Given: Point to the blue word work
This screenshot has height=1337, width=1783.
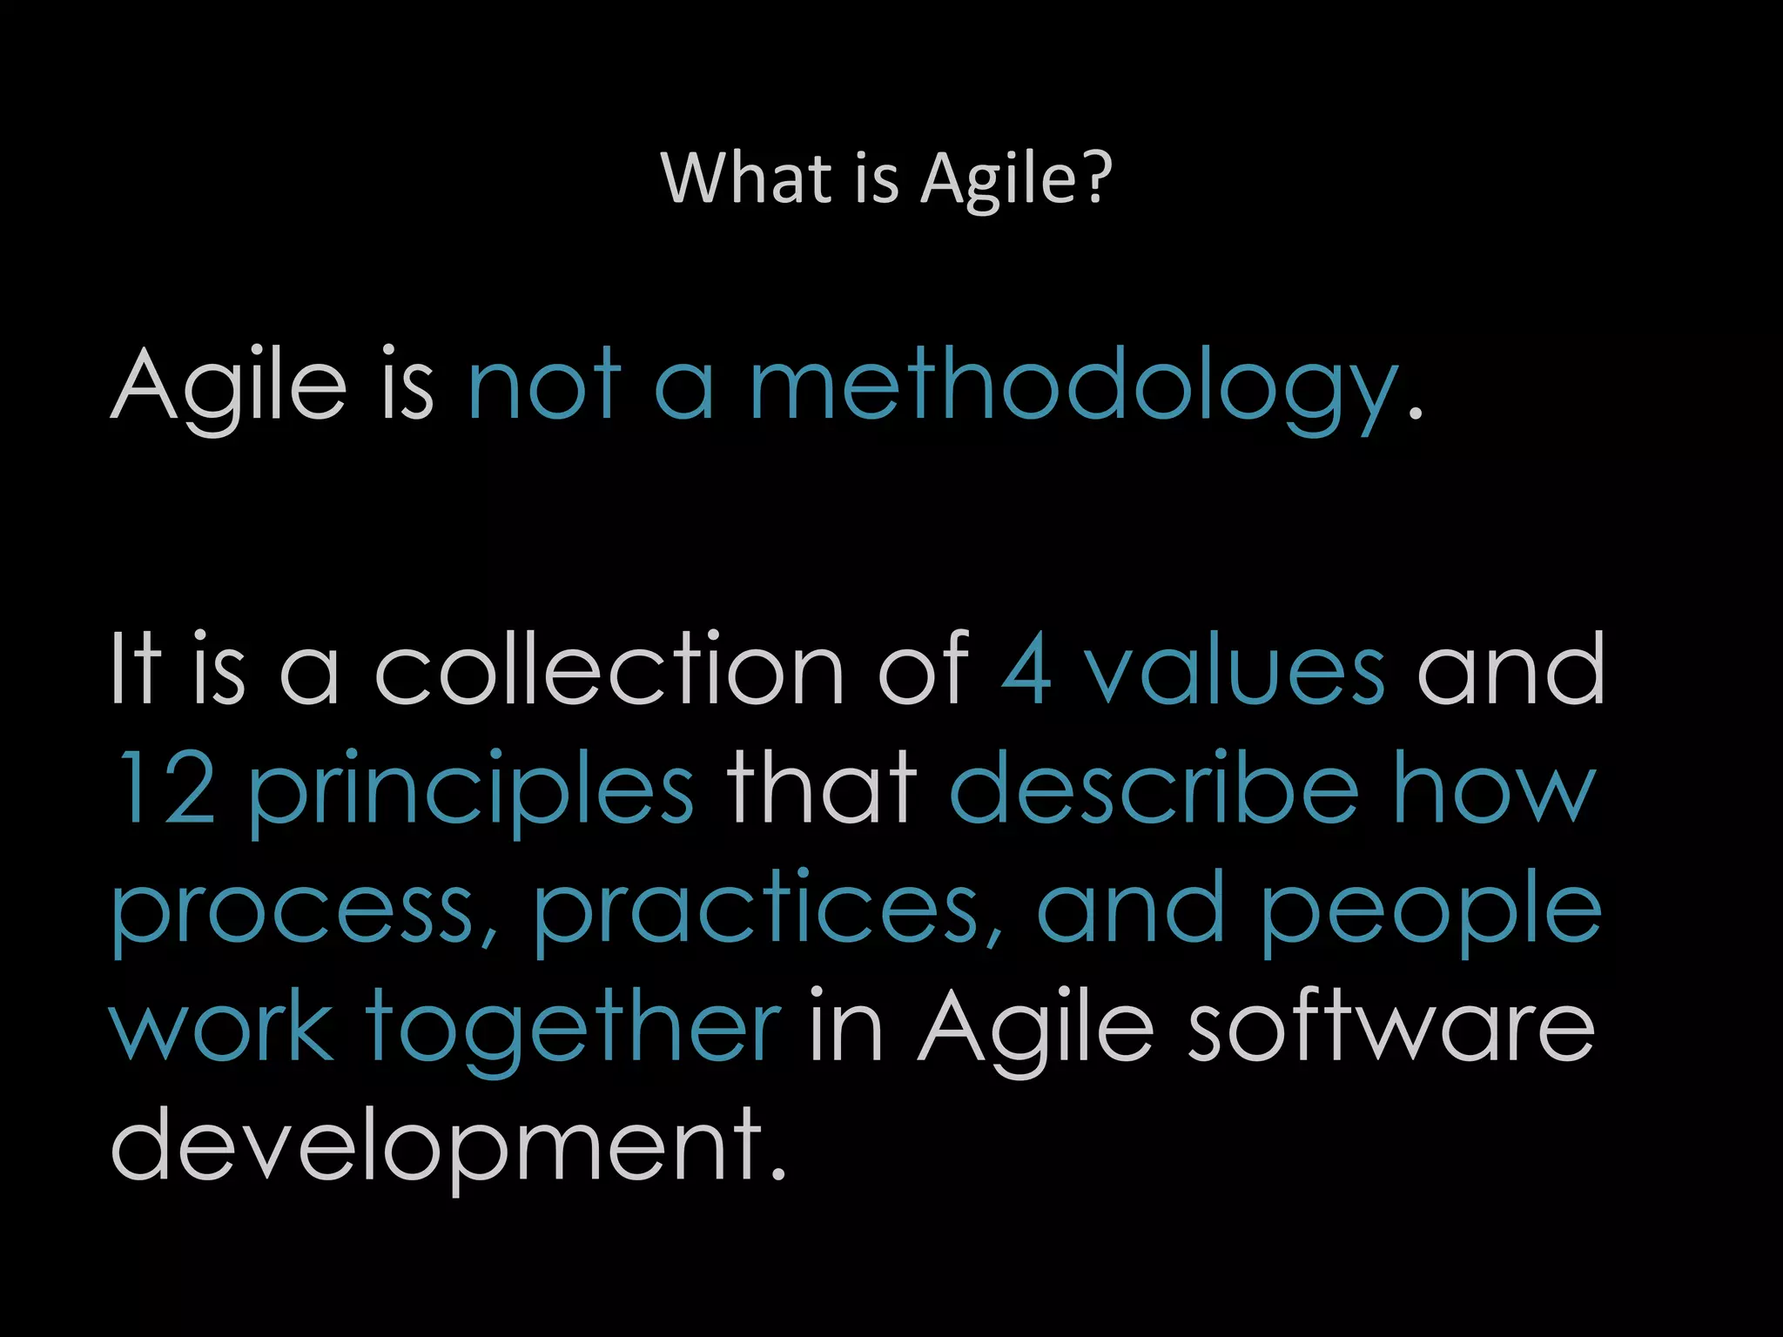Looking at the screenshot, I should [221, 1027].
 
